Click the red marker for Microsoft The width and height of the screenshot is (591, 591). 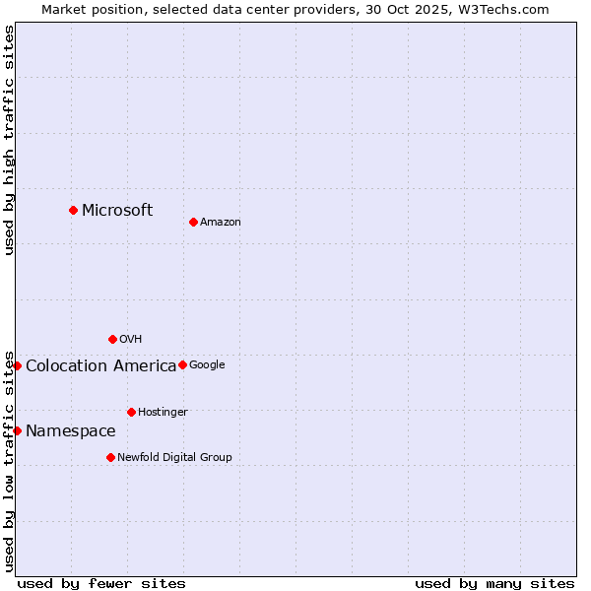(x=73, y=210)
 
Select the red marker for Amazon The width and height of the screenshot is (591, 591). (x=193, y=222)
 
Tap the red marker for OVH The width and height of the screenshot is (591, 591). (x=112, y=339)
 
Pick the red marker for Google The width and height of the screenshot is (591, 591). (x=182, y=364)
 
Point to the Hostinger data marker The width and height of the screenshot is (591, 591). (x=131, y=412)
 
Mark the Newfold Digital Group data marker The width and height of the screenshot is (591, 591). (x=110, y=457)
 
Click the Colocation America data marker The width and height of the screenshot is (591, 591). (x=17, y=365)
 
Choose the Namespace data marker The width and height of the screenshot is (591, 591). (x=17, y=430)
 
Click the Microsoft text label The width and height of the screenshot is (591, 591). (x=117, y=210)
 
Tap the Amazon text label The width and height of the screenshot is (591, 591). (x=221, y=223)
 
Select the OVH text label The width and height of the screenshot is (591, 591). (x=131, y=340)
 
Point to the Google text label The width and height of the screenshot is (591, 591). (x=207, y=365)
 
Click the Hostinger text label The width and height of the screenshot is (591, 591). (x=163, y=413)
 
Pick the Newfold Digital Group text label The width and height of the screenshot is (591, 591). (x=174, y=458)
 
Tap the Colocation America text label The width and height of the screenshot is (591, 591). (x=100, y=366)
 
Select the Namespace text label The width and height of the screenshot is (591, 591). (x=70, y=431)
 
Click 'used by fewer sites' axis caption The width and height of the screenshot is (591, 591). (x=101, y=583)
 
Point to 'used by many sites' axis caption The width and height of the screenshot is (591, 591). (x=494, y=583)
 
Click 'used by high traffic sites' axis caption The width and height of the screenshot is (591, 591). (x=9, y=140)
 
